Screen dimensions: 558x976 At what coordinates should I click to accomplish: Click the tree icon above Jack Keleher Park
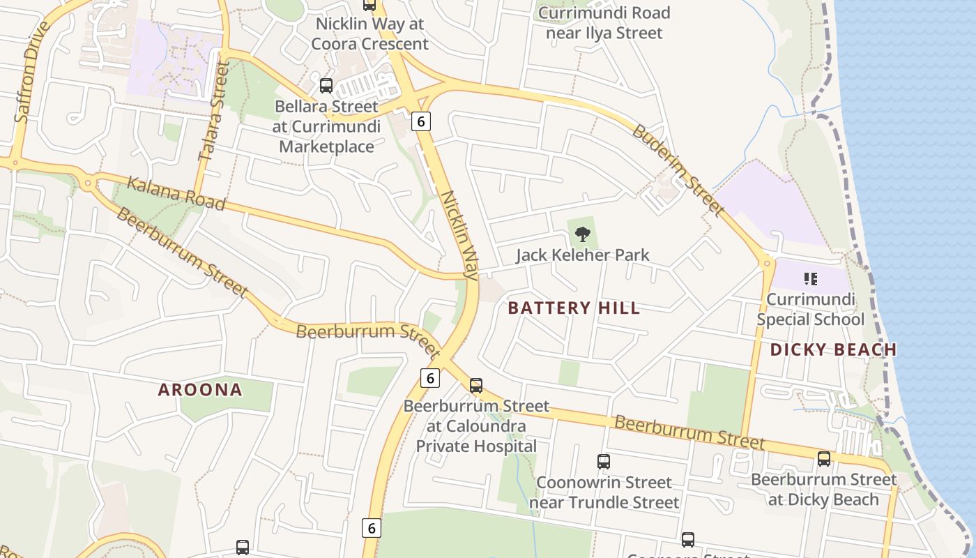(583, 235)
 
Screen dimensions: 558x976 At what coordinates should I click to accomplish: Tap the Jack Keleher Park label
(583, 255)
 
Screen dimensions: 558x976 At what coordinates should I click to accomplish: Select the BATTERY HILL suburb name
(574, 308)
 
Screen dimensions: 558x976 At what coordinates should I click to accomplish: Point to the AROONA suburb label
(200, 390)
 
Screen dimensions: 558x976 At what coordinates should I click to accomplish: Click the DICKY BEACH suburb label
(833, 350)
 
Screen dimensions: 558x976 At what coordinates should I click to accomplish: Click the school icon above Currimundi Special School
(810, 279)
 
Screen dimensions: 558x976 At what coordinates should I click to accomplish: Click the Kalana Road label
(176, 193)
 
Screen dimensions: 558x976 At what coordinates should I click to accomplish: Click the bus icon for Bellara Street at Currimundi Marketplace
(326, 86)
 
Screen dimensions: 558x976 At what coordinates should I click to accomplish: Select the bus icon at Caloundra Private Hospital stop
(476, 385)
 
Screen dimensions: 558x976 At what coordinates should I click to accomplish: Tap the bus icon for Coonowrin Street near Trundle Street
(604, 461)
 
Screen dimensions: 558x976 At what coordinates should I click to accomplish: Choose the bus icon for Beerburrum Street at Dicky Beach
(824, 458)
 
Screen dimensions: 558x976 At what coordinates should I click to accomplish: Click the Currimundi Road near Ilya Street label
(604, 22)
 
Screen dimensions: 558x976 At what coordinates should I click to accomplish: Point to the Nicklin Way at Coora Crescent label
(370, 33)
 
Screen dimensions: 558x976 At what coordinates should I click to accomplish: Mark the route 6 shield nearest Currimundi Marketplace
(420, 121)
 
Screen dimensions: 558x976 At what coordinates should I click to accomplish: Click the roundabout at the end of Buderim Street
(768, 263)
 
